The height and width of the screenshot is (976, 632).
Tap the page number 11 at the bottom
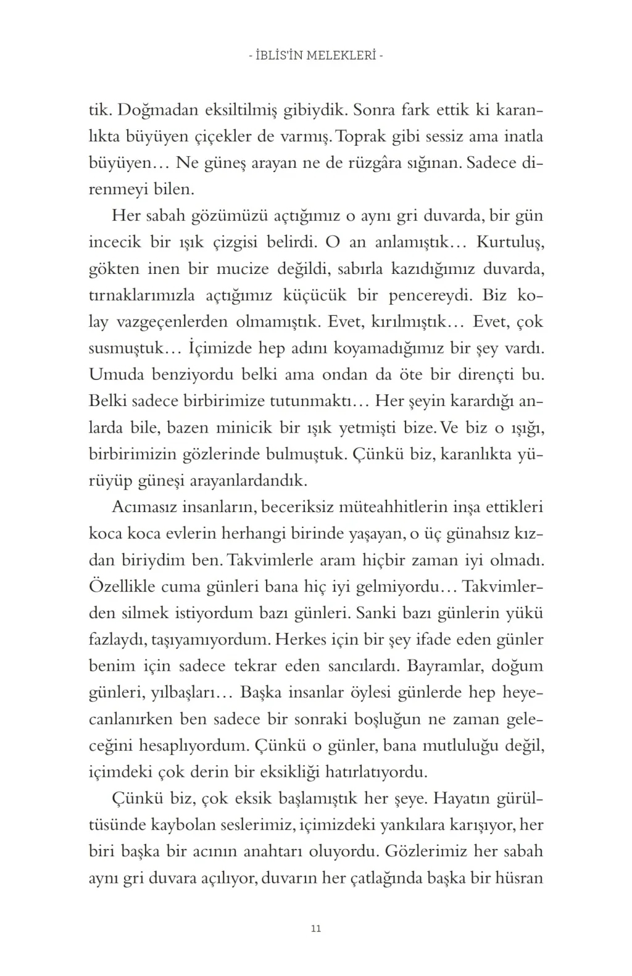point(316,928)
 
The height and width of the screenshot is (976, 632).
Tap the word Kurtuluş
point(510,242)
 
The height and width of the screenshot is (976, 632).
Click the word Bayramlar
point(441,666)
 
